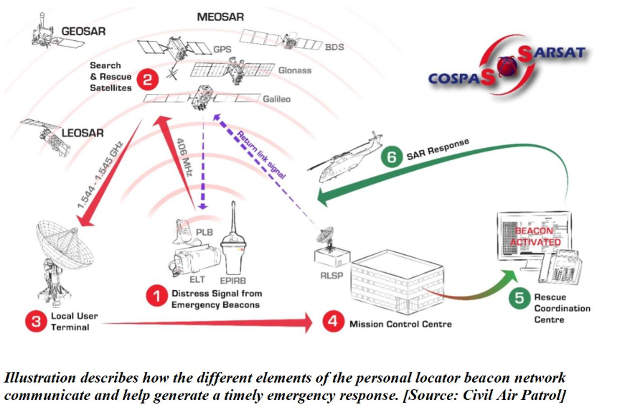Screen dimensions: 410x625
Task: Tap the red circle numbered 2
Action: tap(147, 80)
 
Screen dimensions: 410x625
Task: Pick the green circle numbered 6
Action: tap(390, 157)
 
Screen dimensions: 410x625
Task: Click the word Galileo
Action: tap(275, 99)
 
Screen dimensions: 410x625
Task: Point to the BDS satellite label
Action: tap(334, 47)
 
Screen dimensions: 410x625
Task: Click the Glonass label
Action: tap(294, 70)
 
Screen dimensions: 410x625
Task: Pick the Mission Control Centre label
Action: tap(400, 324)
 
